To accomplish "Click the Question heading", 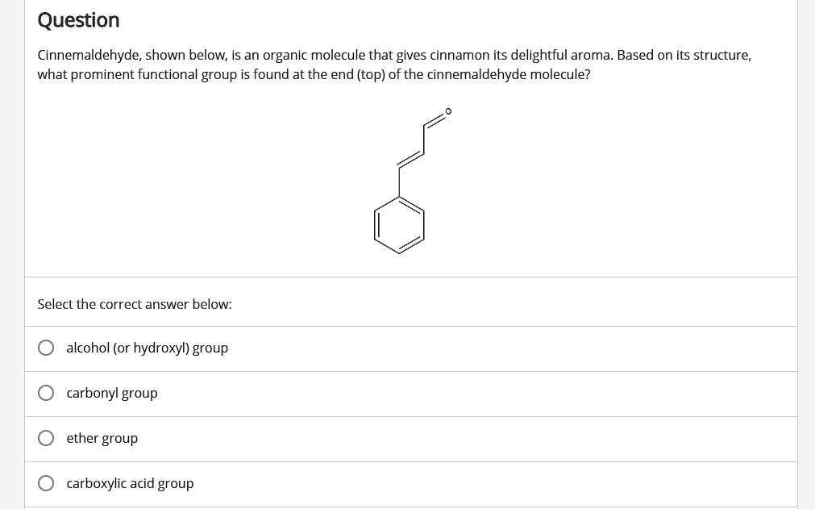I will pyautogui.click(x=78, y=20).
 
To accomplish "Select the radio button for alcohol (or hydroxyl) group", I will pyautogui.click(x=47, y=348).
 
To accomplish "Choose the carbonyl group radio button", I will pyautogui.click(x=47, y=393).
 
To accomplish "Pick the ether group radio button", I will pyautogui.click(x=47, y=438).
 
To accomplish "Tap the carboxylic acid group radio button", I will pyautogui.click(x=47, y=483).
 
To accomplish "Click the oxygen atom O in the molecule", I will pyautogui.click(x=449, y=112).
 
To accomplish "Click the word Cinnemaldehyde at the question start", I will pyautogui.click(x=88, y=55).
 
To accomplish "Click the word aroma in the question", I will pyautogui.click(x=591, y=55).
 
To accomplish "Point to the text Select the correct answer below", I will pyautogui.click(x=135, y=304).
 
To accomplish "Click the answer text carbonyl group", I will pyautogui.click(x=112, y=393).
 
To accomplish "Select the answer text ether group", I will pyautogui.click(x=102, y=438).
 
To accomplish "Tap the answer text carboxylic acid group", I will pyautogui.click(x=130, y=483).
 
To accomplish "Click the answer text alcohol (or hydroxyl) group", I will pyautogui.click(x=148, y=348).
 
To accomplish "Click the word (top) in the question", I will pyautogui.click(x=371, y=74).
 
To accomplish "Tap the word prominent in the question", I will pyautogui.click(x=104, y=74).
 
